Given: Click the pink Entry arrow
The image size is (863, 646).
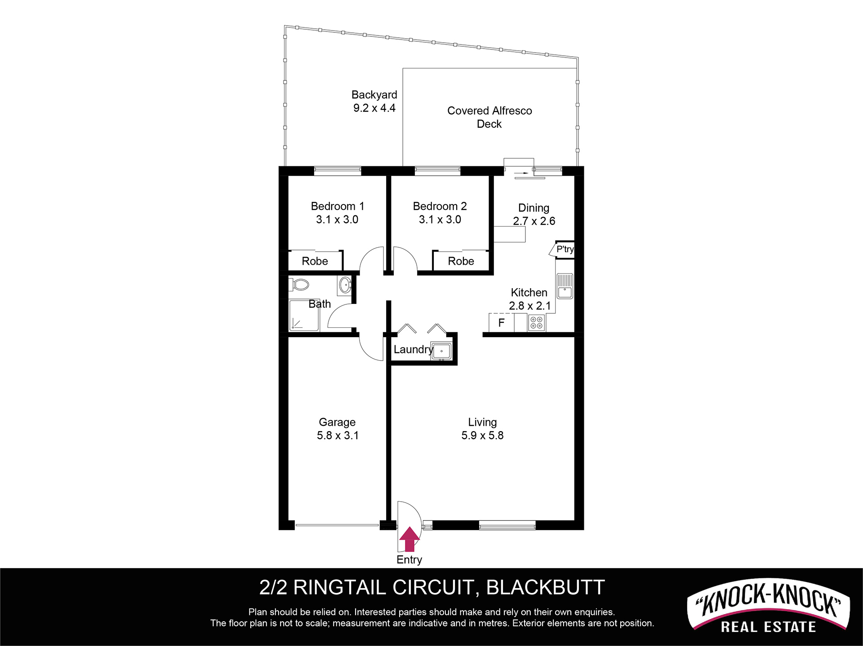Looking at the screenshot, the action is [409, 539].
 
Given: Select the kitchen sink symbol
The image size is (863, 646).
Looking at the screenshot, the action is [565, 286].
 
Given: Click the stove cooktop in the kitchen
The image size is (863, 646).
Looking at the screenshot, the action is [536, 322].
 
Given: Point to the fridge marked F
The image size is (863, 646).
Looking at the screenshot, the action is [501, 322].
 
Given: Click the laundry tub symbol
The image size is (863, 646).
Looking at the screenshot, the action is [441, 351].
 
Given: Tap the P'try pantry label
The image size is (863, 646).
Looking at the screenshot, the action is [565, 249].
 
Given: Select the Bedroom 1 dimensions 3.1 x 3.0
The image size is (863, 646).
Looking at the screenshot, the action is [337, 219].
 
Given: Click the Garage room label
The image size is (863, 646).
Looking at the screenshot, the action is [337, 422].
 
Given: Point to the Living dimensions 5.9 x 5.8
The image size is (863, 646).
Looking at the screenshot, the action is [482, 435].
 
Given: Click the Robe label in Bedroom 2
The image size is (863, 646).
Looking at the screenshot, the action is [461, 261].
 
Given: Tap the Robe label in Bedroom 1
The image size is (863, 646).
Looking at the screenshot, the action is [315, 261].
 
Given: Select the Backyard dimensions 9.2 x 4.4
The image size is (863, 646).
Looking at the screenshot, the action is [374, 108].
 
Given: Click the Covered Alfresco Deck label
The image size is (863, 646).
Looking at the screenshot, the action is [489, 117].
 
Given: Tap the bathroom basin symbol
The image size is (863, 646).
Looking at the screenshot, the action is [345, 285].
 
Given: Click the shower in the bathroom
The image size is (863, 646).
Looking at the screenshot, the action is [304, 315].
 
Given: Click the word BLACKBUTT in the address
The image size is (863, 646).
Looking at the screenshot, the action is [545, 588].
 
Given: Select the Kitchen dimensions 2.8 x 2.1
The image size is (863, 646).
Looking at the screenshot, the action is [529, 306].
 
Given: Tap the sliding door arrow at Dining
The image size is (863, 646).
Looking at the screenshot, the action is [522, 173].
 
